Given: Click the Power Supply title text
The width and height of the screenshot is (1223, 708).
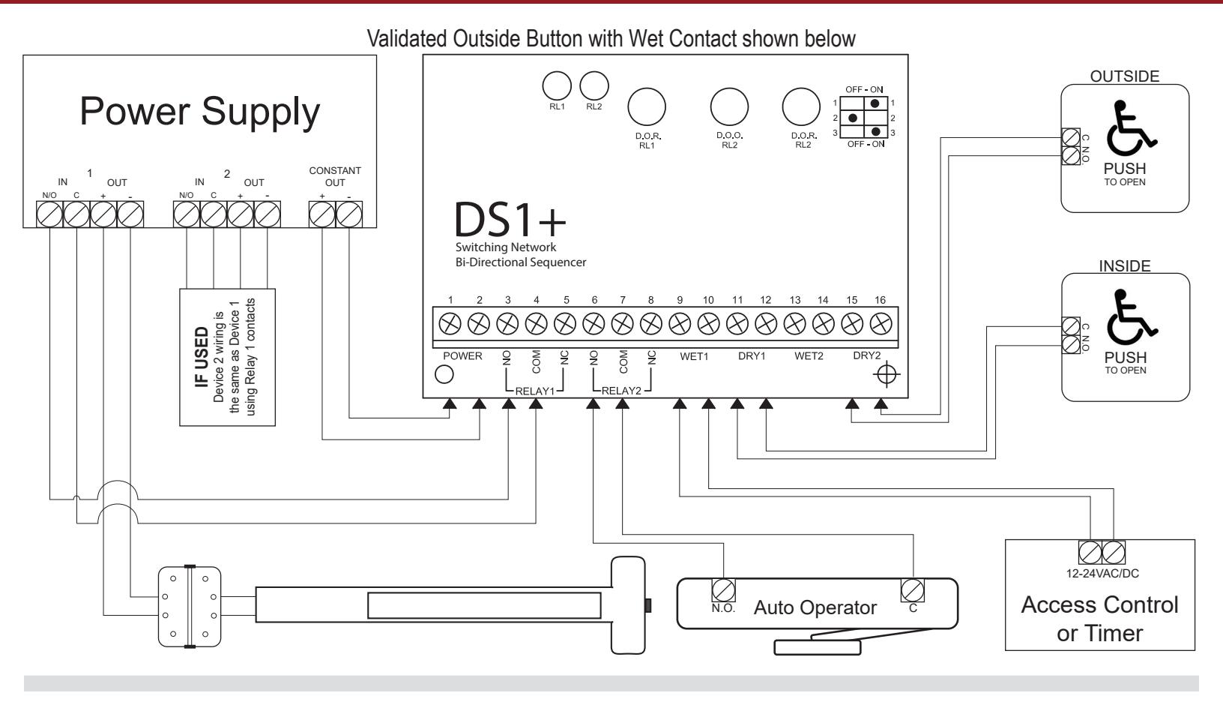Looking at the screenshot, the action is pos(200,112).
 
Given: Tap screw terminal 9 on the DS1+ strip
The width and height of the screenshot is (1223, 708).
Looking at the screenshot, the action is pos(680,324).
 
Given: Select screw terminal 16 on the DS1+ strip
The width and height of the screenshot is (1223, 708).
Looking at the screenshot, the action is pos(881,324).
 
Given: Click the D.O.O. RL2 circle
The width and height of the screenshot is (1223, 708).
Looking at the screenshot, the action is pos(729,106).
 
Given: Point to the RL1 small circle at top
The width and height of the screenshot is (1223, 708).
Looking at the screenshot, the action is pos(557,85).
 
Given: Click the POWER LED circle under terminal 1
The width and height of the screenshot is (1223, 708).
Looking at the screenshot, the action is pos(444,375).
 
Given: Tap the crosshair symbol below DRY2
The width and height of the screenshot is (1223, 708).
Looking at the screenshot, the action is pos(887,374).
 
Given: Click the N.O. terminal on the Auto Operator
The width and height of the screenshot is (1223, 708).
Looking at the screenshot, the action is pos(724,590).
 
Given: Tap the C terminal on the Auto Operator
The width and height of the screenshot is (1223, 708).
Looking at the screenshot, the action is pos(912,590).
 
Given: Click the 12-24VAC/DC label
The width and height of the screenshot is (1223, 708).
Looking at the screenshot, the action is pos(1102,574).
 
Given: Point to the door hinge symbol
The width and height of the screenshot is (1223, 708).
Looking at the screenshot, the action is pos(190,607).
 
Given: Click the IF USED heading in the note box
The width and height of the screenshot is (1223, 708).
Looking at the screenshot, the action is pos(202,357).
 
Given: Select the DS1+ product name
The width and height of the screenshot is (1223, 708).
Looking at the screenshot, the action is pos(510,219).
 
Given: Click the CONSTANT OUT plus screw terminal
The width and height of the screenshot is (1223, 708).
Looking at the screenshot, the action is pos(322,214).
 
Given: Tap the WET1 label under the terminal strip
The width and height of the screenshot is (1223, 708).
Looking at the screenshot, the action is pos(694,356).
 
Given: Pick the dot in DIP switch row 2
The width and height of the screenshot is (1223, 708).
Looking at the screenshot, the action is pos(853,118).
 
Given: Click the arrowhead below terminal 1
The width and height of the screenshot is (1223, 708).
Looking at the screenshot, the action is pos(450,403).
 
